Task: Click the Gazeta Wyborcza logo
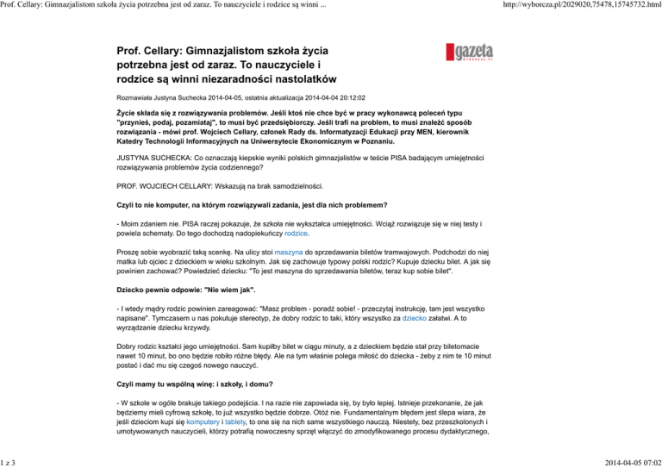470,53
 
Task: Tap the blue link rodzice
297,233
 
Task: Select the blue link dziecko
422,341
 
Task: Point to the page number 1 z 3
12,461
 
